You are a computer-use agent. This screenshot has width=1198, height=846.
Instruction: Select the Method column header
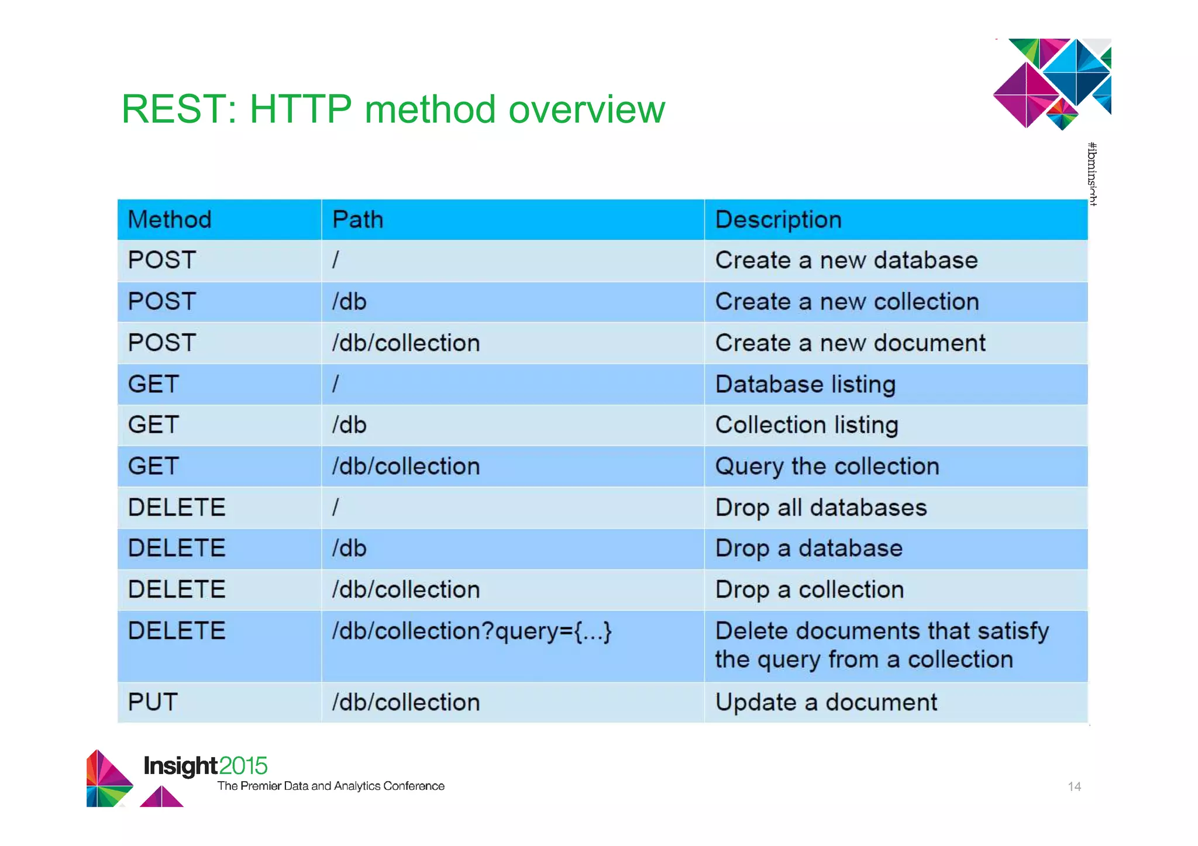tap(170, 220)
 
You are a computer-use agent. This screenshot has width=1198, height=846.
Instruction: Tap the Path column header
tap(357, 220)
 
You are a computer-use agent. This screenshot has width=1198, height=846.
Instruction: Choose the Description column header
tap(778, 220)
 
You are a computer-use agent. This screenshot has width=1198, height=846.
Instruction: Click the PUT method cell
tap(153, 702)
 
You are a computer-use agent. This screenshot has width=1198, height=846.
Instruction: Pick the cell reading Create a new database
tap(846, 260)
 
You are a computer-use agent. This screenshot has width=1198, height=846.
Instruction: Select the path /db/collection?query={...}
tap(471, 631)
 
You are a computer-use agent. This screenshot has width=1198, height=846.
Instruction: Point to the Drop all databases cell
tap(821, 507)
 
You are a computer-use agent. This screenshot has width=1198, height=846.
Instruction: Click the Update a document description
tap(826, 702)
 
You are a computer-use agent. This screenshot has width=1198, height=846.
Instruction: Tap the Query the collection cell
tap(827, 467)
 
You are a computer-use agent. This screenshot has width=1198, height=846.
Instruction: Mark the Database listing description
tap(805, 384)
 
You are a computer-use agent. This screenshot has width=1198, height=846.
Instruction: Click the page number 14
tap(1074, 786)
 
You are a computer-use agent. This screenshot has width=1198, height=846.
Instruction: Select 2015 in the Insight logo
tap(243, 766)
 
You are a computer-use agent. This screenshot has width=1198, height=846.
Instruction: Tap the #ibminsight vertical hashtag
tap(1092, 174)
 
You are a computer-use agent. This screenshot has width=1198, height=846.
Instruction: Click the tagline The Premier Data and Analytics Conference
tap(331, 786)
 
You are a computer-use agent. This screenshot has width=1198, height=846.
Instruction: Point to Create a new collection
tap(846, 302)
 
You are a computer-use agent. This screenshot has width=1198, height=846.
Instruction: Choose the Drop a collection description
tap(809, 589)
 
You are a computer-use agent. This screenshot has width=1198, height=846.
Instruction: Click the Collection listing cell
tap(806, 425)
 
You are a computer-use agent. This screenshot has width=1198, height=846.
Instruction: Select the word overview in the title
tap(587, 109)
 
